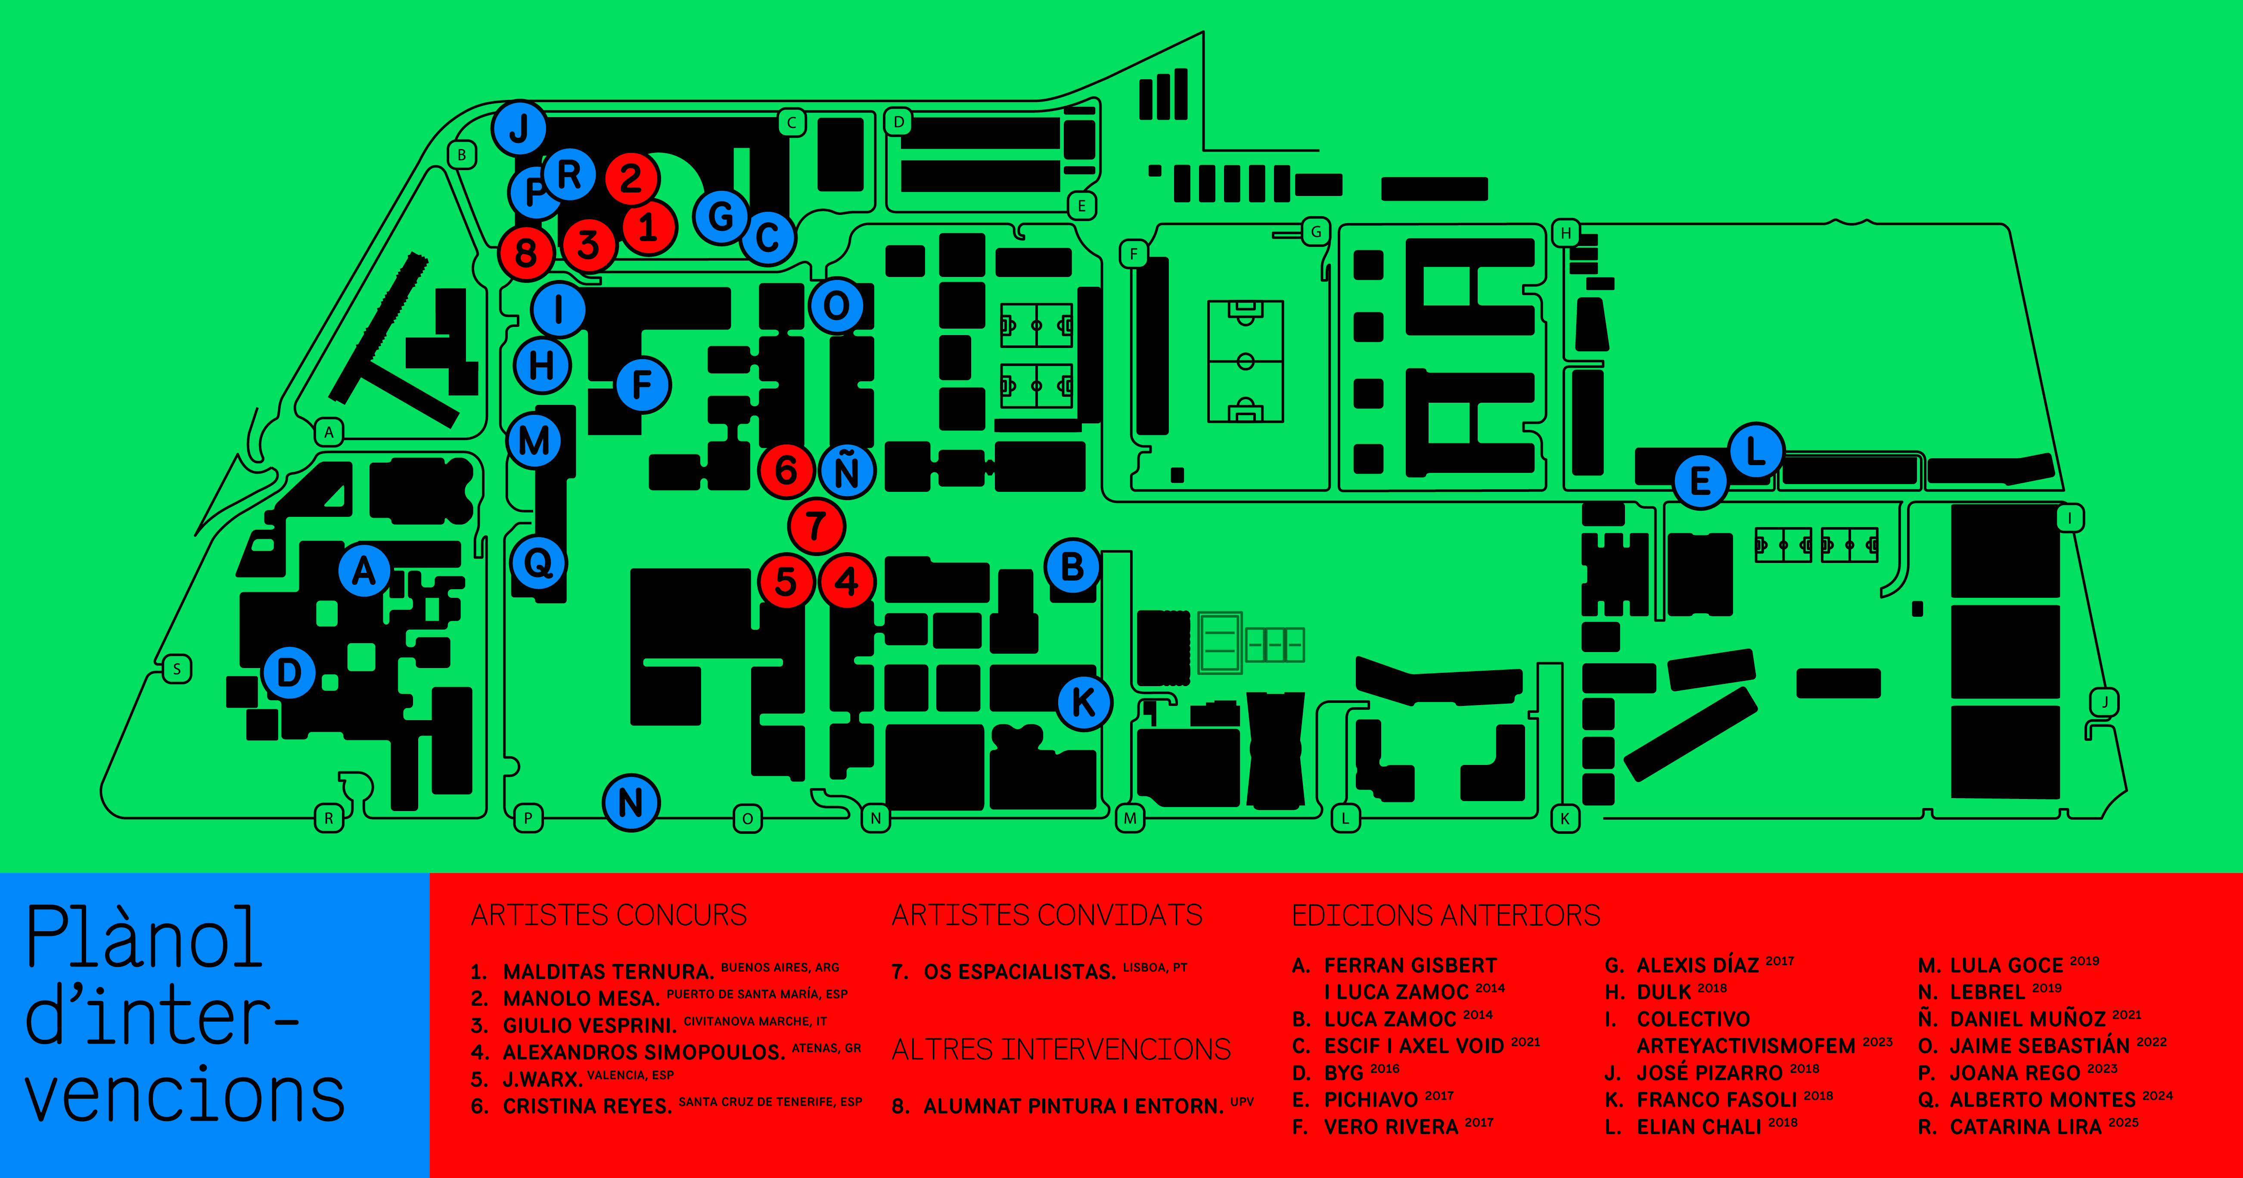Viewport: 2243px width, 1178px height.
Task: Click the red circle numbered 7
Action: pos(816,526)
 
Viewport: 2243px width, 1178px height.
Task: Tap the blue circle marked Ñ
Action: pos(846,471)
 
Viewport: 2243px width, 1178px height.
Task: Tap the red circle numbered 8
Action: pos(526,253)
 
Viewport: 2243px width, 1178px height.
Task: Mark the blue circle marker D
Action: pos(289,672)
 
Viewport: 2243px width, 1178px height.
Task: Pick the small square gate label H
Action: pos(1566,233)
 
